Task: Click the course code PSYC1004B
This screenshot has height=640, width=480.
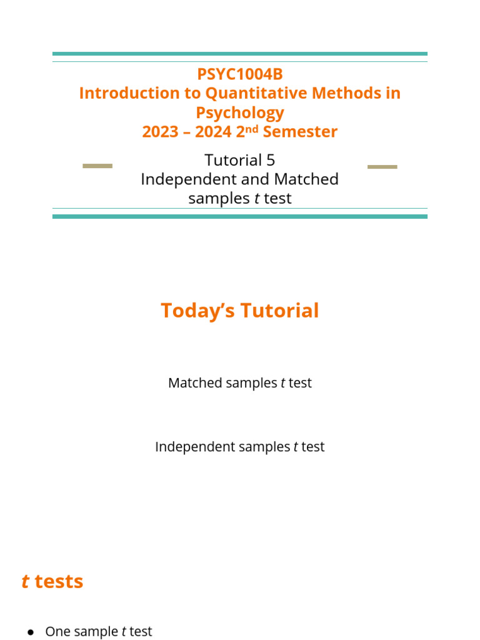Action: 240,74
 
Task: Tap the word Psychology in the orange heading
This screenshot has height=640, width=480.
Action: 240,113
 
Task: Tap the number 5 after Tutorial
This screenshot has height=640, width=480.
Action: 271,161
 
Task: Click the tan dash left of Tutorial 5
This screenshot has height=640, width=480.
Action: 97,166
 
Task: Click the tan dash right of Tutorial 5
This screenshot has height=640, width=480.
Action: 382,167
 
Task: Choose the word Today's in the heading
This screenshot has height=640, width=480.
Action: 196,311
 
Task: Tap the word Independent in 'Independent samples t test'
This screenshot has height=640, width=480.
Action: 191,447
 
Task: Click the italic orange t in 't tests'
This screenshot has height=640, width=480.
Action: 25,582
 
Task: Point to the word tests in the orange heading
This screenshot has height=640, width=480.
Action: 59,582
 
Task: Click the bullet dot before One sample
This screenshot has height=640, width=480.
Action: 30,632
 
